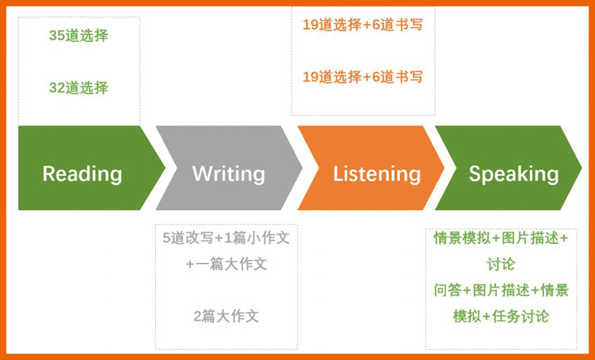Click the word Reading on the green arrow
82,173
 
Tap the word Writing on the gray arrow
229,173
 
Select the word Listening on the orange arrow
377,173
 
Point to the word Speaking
514,173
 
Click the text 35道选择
78,36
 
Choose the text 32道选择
78,88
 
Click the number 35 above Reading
57,36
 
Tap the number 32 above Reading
57,88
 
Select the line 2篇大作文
226,316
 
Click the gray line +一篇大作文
226,264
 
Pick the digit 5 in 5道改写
167,238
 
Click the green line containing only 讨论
501,265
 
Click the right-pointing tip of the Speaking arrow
581,168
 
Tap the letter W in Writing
201,173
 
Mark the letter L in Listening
339,173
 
